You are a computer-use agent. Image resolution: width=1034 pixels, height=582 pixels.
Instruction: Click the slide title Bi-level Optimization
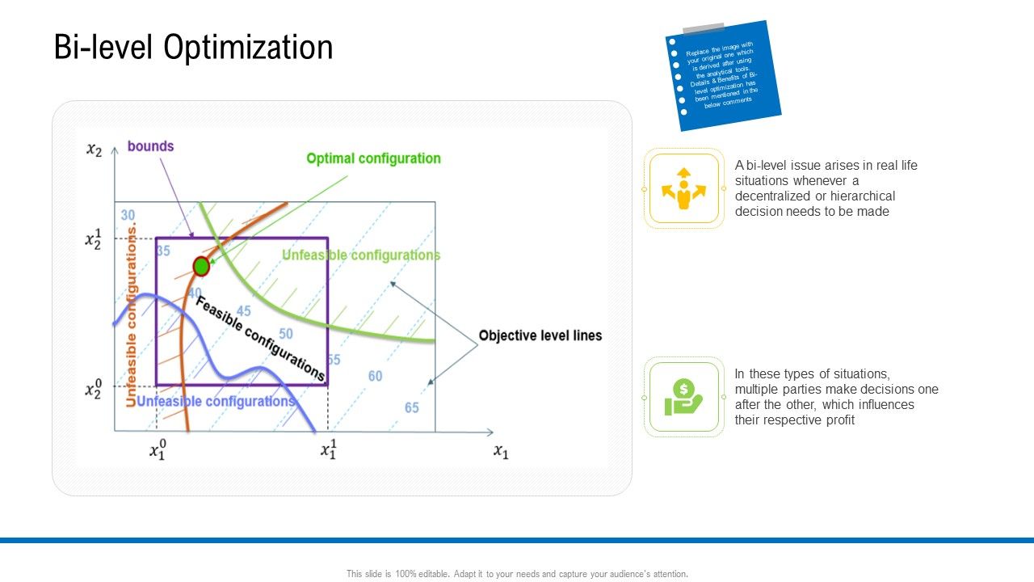point(193,48)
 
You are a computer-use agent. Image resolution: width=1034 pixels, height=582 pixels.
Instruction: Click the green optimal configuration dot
point(201,266)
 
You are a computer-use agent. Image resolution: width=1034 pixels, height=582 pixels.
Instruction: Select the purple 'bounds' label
point(150,146)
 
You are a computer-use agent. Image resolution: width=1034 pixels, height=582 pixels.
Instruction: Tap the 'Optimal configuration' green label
point(373,158)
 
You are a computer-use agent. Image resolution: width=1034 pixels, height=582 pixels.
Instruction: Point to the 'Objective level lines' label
point(540,335)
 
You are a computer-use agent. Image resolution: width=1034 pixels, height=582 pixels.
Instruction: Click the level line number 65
point(412,407)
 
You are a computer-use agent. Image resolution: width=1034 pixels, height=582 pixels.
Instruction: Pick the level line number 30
point(128,215)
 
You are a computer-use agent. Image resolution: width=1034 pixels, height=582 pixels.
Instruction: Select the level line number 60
point(375,376)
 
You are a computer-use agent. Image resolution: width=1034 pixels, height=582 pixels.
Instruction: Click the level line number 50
point(285,333)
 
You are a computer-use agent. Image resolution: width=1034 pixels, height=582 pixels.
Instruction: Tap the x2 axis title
point(95,150)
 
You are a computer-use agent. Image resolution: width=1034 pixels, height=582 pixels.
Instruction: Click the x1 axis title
point(501,452)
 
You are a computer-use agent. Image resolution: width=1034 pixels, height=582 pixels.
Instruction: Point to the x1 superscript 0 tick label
point(158,449)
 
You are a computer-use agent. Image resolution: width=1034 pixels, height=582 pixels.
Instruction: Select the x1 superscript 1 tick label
point(328,449)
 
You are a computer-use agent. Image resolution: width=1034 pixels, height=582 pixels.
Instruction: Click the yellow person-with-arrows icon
point(683,188)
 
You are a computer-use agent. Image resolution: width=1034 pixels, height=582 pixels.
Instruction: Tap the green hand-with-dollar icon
point(683,397)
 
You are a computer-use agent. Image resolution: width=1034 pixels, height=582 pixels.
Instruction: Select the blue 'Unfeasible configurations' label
point(216,402)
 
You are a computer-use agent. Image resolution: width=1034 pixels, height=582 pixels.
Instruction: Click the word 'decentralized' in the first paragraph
point(771,196)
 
